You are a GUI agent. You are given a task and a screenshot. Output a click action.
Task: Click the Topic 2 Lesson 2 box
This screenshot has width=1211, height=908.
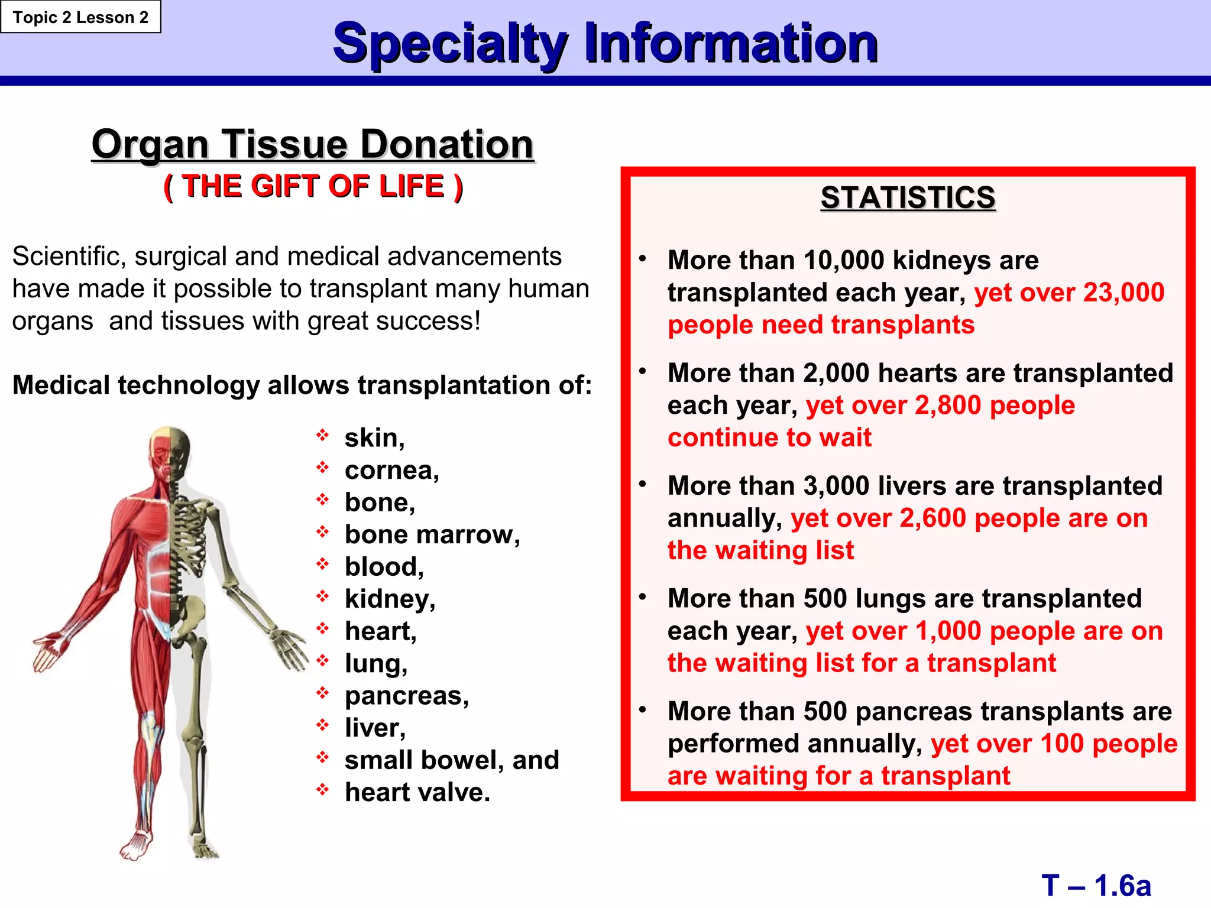point(80,17)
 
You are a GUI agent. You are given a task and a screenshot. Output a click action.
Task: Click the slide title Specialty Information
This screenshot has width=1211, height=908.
point(605,43)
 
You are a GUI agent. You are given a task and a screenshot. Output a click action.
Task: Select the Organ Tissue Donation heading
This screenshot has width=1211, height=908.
point(313,144)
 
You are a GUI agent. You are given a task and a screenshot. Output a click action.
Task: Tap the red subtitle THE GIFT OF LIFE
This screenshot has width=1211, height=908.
point(313,186)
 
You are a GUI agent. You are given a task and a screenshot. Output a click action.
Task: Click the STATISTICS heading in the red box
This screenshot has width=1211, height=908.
point(908,197)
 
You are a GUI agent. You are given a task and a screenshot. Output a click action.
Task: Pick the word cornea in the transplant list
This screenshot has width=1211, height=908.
point(391,471)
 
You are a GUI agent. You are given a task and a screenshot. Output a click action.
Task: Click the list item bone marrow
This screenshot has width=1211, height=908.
point(432,535)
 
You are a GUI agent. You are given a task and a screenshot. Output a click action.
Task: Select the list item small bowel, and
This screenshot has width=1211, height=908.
point(452,760)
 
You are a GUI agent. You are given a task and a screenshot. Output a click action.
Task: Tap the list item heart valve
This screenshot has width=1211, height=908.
point(417,793)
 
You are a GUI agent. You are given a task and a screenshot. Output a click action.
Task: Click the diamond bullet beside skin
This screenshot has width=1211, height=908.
point(322,436)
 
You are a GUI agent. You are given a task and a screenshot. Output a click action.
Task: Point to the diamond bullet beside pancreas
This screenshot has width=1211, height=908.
point(322,692)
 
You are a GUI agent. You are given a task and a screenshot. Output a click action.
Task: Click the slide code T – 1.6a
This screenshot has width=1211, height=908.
point(1096,886)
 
